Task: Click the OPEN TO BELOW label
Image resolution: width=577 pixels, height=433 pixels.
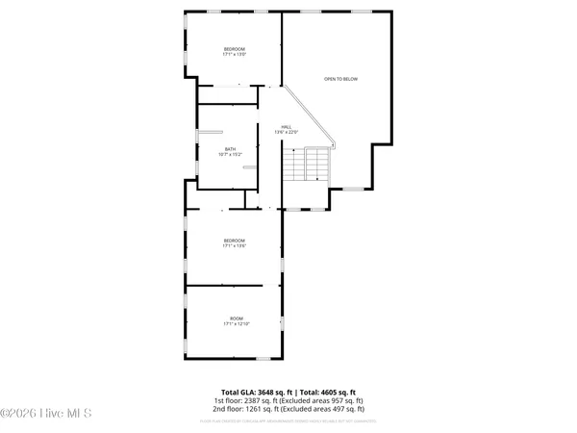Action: point(340,79)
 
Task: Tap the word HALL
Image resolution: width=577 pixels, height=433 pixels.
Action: point(286,126)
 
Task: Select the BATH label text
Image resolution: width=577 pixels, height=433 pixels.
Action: point(230,148)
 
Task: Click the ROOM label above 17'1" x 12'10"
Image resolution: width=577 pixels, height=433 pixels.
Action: point(236,318)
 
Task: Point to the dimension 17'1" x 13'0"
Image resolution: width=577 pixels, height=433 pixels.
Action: point(236,55)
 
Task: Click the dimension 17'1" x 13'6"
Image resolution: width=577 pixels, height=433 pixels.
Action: point(236,246)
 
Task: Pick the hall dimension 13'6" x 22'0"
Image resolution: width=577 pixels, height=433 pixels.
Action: point(286,132)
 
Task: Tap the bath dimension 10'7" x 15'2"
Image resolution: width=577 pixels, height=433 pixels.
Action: point(230,154)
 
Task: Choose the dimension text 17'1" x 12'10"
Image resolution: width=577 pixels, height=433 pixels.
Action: point(236,324)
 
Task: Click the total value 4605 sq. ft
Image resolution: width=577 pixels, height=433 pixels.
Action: point(335,392)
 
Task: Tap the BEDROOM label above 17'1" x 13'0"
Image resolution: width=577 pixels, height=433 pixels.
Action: point(236,49)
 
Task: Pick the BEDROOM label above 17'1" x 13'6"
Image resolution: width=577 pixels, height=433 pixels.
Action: point(236,241)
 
